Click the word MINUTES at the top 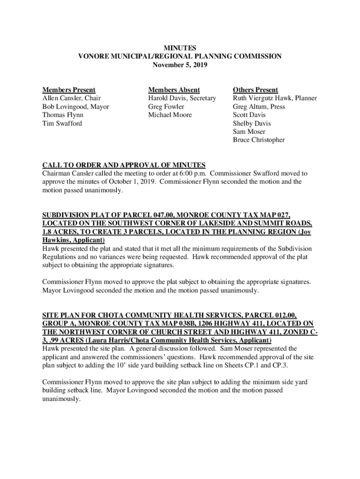pyautogui.click(x=180, y=48)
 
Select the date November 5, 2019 pyautogui.click(x=180, y=65)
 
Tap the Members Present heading pyautogui.click(x=69, y=90)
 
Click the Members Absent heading pyautogui.click(x=174, y=90)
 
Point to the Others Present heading pyautogui.click(x=255, y=90)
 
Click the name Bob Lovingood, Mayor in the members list pyautogui.click(x=76, y=107)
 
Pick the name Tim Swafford pyautogui.click(x=62, y=123)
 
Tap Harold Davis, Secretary pyautogui.click(x=182, y=98)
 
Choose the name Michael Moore pyautogui.click(x=170, y=115)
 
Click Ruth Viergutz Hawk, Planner pyautogui.click(x=275, y=98)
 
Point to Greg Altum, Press pyautogui.click(x=259, y=107)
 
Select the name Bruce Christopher pyautogui.click(x=259, y=140)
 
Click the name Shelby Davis pyautogui.click(x=252, y=123)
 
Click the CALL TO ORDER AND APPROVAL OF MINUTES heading pyautogui.click(x=124, y=165)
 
